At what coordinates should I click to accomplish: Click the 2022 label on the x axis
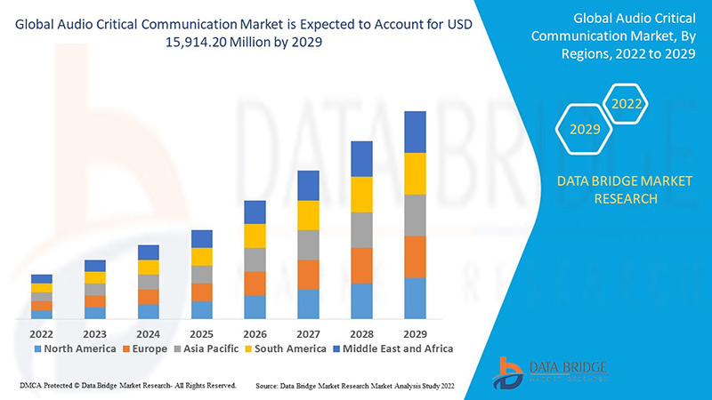42,333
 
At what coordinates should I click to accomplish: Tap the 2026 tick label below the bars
255,333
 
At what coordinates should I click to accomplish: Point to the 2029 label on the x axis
416,333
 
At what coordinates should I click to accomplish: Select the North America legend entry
75,348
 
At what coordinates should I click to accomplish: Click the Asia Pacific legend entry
206,348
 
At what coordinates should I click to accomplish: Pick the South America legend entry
286,348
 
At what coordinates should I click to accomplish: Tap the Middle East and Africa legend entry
392,348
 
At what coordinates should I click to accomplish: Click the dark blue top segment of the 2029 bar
416,132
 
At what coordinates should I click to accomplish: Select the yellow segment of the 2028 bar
362,194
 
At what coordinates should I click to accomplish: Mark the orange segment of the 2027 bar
309,275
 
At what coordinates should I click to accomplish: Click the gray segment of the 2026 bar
255,259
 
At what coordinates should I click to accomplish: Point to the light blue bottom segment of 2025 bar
202,309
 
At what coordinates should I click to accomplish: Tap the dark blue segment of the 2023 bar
95,265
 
